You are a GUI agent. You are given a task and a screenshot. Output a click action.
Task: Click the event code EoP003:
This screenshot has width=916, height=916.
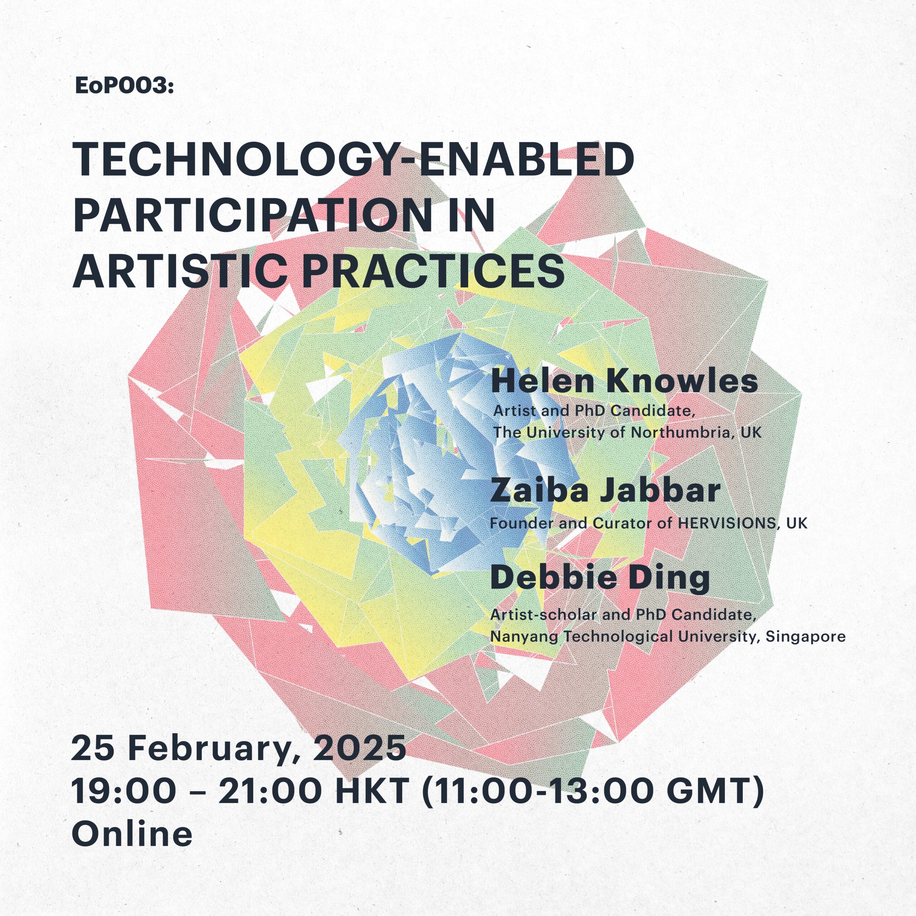click(125, 86)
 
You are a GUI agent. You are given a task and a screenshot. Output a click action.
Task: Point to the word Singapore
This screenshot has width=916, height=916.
click(805, 636)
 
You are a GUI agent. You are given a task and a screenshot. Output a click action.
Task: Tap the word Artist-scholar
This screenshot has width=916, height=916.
click(544, 614)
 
